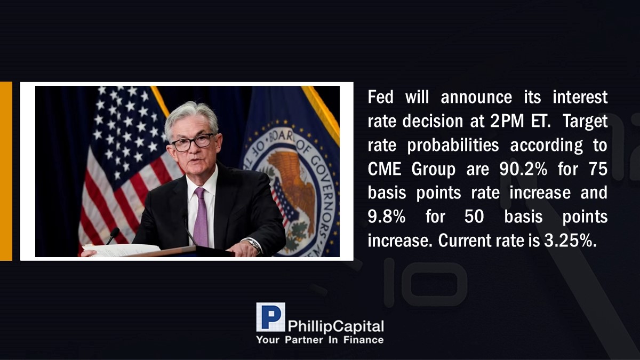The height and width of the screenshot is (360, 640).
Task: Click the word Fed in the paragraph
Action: (x=380, y=97)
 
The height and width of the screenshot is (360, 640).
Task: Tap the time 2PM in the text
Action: (x=507, y=121)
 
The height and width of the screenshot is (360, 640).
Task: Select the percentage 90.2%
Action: (x=523, y=169)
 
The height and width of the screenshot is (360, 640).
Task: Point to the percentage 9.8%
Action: (x=386, y=217)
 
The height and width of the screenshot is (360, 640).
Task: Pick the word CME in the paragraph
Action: (x=385, y=169)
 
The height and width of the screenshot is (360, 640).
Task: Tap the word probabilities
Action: (x=453, y=146)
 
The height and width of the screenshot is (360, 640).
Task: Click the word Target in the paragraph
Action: (x=585, y=122)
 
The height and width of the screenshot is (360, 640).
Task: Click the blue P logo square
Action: (x=270, y=317)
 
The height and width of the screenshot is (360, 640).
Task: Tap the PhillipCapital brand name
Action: (x=335, y=326)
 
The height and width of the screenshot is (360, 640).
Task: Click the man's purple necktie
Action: (x=201, y=217)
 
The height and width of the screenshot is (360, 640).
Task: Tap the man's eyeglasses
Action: (x=193, y=142)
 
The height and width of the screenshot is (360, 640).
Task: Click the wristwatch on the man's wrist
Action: (x=254, y=245)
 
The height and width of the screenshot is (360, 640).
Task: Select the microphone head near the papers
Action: (x=115, y=231)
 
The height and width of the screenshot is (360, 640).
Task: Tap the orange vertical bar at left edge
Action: (x=6, y=171)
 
